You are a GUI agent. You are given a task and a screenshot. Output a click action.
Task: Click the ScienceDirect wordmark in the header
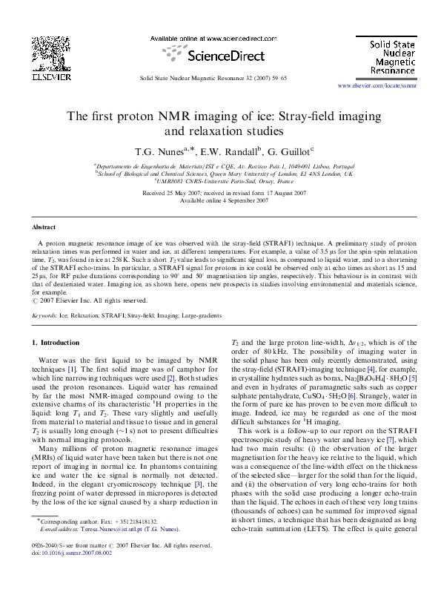(221, 56)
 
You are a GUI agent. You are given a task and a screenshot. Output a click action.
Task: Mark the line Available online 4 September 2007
(221, 200)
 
